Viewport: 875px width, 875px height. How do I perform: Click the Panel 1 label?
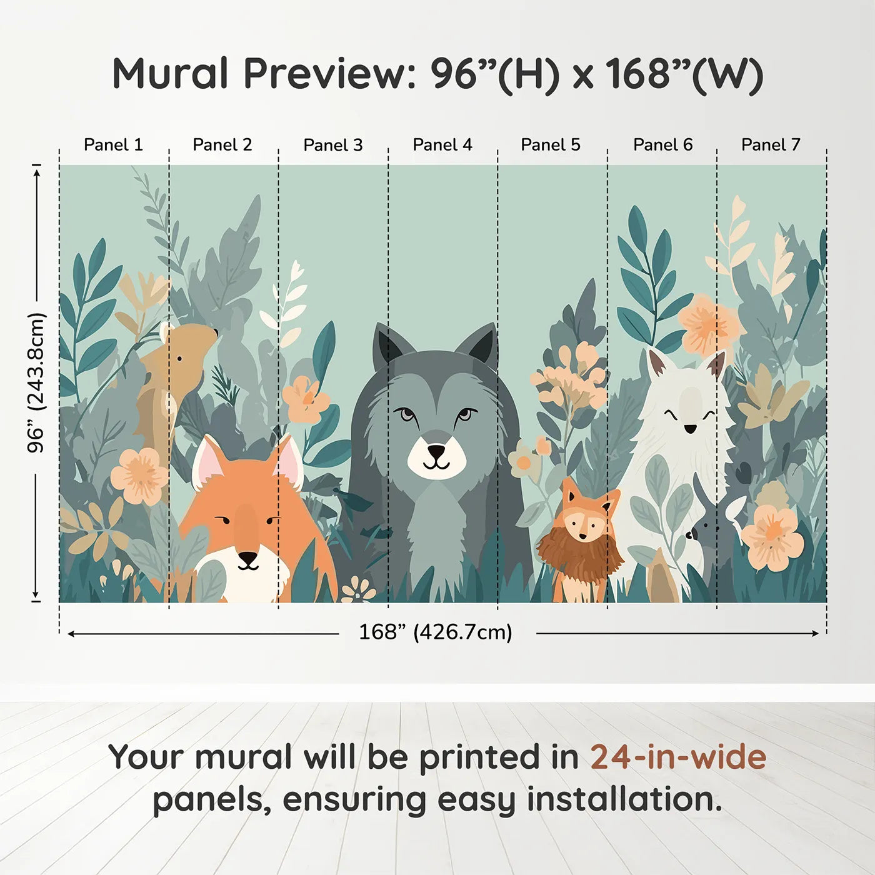(113, 145)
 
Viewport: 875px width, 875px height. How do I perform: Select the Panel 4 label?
(442, 145)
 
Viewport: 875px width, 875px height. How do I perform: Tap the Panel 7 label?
(770, 145)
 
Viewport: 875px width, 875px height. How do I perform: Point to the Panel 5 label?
(550, 145)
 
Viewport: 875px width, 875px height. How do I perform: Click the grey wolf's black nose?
(436, 451)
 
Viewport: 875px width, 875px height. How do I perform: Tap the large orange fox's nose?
(248, 557)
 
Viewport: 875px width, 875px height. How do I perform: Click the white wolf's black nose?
(689, 429)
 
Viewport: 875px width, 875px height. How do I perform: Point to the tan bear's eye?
(180, 358)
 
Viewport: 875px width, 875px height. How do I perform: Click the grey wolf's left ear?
(389, 346)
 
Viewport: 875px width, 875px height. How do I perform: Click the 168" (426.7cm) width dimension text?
(435, 632)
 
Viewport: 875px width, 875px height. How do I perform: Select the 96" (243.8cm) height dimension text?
(36, 382)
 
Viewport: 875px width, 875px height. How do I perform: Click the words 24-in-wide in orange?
(677, 757)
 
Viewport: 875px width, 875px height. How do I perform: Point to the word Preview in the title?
(325, 74)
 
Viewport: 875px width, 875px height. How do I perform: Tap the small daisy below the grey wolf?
(358, 590)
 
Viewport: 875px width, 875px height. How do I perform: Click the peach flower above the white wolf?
(708, 325)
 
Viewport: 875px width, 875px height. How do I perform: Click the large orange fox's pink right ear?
(288, 463)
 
